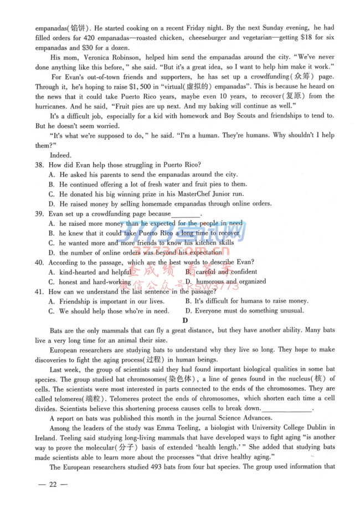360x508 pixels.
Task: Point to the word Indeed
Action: tap(60, 155)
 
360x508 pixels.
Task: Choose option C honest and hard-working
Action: tap(95, 282)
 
